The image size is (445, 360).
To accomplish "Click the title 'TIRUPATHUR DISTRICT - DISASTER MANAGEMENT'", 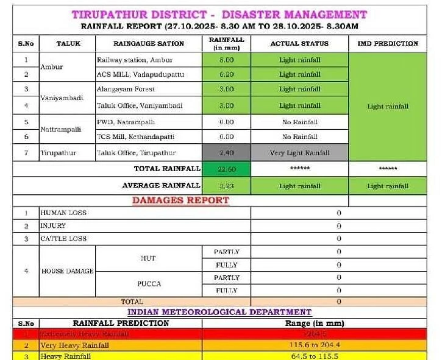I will coord(219,14).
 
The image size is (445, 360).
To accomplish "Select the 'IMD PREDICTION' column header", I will coord(388,43).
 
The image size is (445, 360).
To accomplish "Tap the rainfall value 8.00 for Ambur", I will coord(226,60).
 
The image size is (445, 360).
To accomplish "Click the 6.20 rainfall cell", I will coord(226,74).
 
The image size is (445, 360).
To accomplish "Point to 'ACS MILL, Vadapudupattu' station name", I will coord(140,74).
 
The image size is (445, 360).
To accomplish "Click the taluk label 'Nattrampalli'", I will coord(60,129).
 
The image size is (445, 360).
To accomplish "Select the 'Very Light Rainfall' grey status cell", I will coord(299,153).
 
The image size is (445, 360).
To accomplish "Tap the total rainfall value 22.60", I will coord(226,169).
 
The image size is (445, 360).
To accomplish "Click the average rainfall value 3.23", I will coord(226,186).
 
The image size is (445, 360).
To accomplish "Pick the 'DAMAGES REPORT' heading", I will coord(180,200).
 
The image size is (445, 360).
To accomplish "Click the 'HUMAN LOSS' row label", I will coord(63,213).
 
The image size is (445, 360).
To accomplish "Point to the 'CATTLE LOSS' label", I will coord(63,239).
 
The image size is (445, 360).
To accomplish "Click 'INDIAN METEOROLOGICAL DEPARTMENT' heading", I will coord(220,312).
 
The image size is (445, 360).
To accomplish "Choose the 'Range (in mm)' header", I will coord(314,323).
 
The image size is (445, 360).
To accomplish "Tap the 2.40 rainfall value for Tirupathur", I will coord(226,153).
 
